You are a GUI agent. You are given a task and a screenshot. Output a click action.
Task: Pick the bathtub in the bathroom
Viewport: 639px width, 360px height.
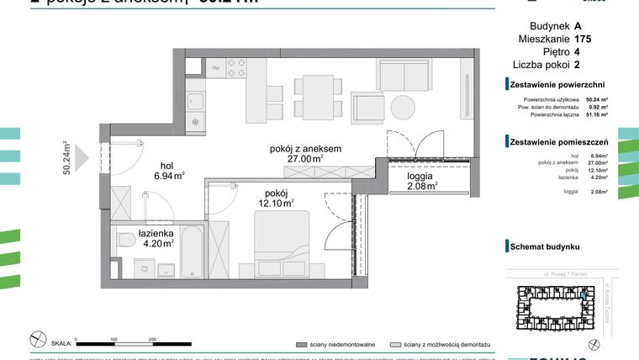(x=192, y=250)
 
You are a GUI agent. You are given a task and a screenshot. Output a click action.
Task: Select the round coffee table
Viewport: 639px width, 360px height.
(x=400, y=109)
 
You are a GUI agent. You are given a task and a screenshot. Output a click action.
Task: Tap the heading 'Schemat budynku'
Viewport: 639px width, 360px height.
(x=545, y=247)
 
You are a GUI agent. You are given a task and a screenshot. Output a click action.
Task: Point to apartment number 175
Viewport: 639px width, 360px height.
(x=583, y=39)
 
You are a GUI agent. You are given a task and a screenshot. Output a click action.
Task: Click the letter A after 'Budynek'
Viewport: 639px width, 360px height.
(x=578, y=25)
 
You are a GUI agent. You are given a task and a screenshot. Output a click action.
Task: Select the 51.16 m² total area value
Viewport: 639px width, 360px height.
(x=597, y=114)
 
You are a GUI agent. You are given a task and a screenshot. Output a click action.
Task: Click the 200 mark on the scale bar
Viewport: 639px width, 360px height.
(x=152, y=339)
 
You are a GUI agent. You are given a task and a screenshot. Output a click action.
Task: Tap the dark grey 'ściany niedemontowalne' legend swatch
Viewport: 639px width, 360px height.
(x=300, y=345)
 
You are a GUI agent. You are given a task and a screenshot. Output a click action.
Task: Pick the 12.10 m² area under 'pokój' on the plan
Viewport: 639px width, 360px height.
(x=275, y=203)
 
